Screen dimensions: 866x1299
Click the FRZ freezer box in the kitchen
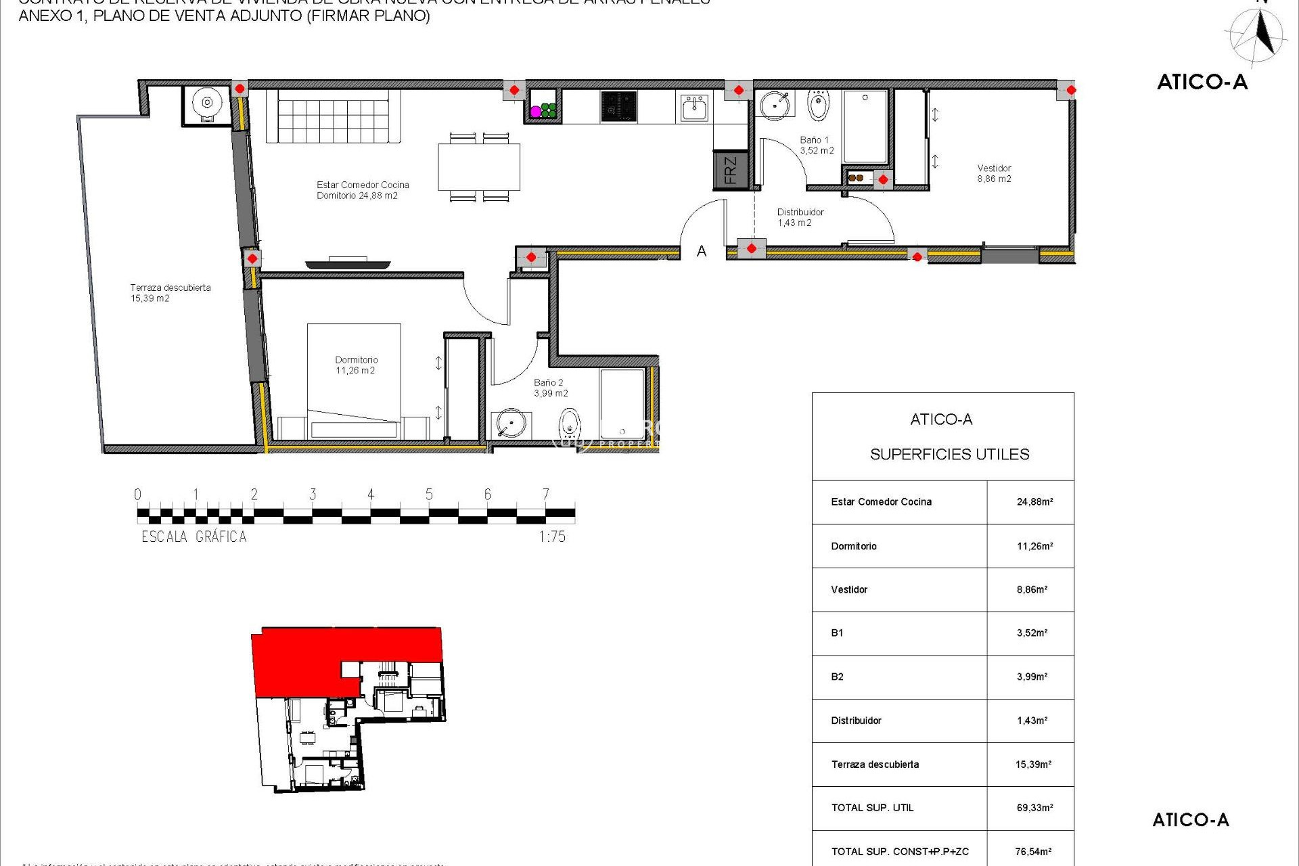[x=731, y=170]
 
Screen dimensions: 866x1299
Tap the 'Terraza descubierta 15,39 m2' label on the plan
[x=170, y=293]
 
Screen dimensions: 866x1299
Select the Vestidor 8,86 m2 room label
[x=994, y=174]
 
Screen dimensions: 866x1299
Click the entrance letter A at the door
[x=702, y=252]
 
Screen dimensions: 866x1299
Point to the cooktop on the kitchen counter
[x=618, y=107]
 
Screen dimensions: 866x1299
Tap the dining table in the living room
[x=479, y=167]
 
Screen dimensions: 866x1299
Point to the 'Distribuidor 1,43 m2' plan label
[x=800, y=217]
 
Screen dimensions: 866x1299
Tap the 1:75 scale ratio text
[x=551, y=537]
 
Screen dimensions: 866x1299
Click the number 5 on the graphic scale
[x=429, y=495]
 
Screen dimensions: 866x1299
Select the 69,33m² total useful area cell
[x=1034, y=808]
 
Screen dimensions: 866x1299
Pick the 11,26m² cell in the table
[x=1034, y=546]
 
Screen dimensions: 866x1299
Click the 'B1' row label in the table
[x=837, y=633]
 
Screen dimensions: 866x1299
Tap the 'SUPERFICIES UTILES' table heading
[x=949, y=455]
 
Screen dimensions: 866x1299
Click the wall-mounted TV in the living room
[x=348, y=264]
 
